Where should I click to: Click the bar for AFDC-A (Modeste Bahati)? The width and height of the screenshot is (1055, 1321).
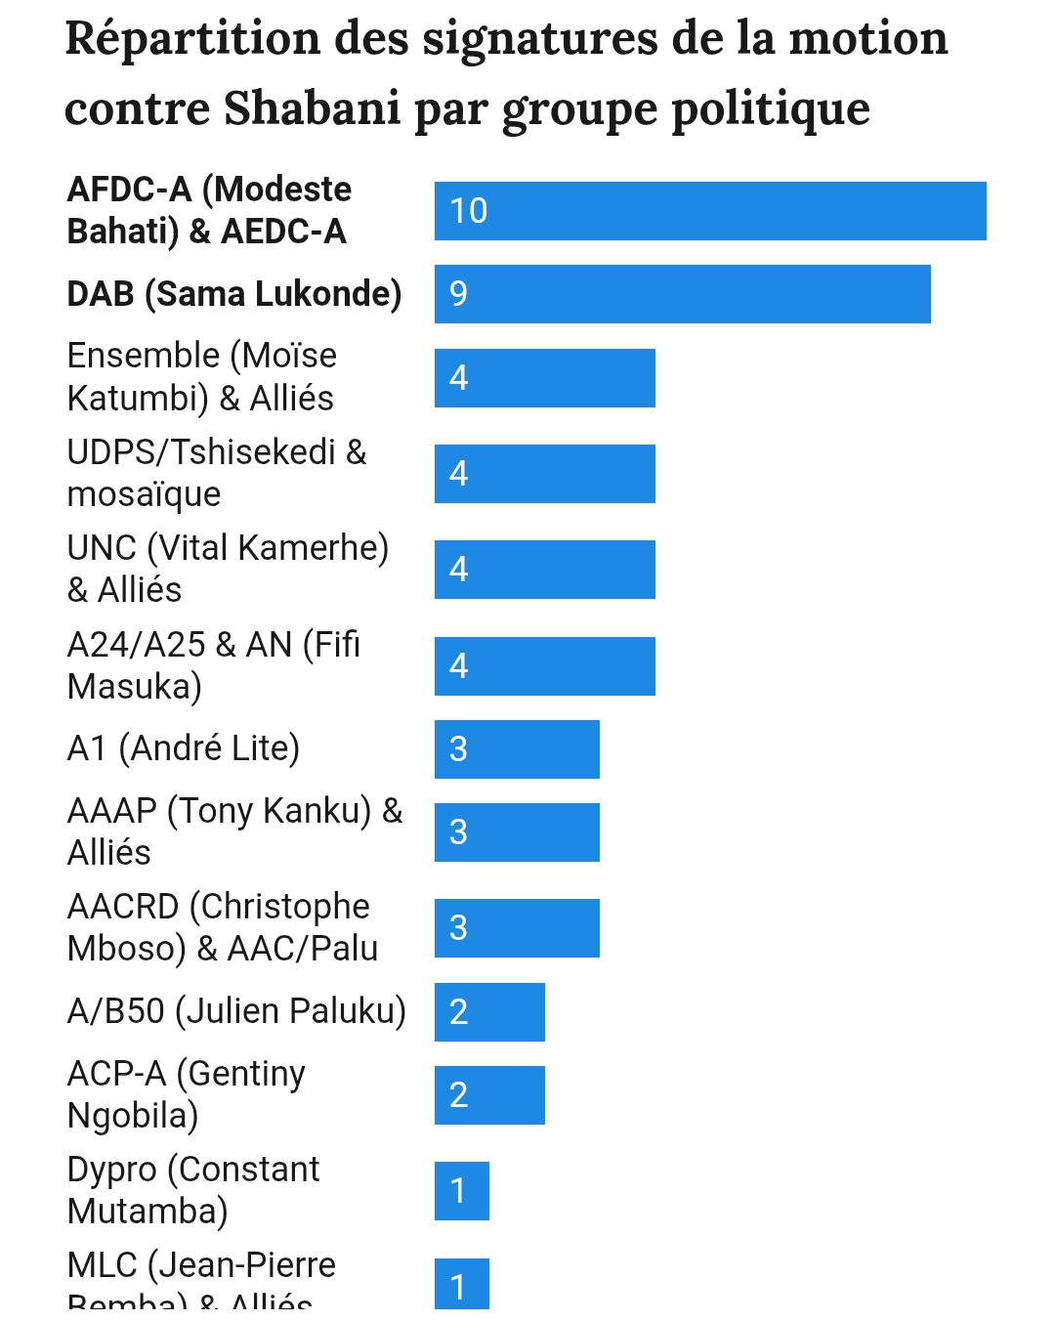(710, 211)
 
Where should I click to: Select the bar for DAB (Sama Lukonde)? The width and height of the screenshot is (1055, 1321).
(682, 294)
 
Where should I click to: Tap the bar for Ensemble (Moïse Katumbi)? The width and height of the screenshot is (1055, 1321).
(544, 378)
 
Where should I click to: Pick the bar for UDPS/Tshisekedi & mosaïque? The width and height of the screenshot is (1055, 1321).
(544, 474)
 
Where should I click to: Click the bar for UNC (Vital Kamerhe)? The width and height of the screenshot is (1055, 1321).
(544, 570)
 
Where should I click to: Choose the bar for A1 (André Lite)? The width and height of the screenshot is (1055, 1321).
(517, 749)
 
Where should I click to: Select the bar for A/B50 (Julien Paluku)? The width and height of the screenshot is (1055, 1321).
(489, 1012)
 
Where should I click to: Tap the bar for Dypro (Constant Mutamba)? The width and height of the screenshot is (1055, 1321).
(461, 1191)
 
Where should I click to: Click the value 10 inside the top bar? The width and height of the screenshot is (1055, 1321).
(468, 211)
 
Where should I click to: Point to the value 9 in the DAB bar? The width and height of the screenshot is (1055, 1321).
(458, 294)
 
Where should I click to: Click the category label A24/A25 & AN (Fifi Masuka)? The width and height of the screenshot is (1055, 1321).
(214, 665)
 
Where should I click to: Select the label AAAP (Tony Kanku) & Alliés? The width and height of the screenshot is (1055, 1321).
(234, 831)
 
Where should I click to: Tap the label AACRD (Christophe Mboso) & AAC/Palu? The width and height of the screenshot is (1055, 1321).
(222, 927)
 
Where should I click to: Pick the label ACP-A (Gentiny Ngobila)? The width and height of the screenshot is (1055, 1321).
(186, 1094)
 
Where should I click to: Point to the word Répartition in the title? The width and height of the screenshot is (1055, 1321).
(192, 39)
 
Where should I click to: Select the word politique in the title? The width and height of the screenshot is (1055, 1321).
(771, 107)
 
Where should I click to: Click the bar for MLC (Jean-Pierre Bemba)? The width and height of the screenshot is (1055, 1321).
(461, 1284)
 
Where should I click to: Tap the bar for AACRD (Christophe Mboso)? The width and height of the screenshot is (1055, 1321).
(517, 928)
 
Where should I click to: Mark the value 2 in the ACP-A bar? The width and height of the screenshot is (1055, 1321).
(458, 1095)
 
